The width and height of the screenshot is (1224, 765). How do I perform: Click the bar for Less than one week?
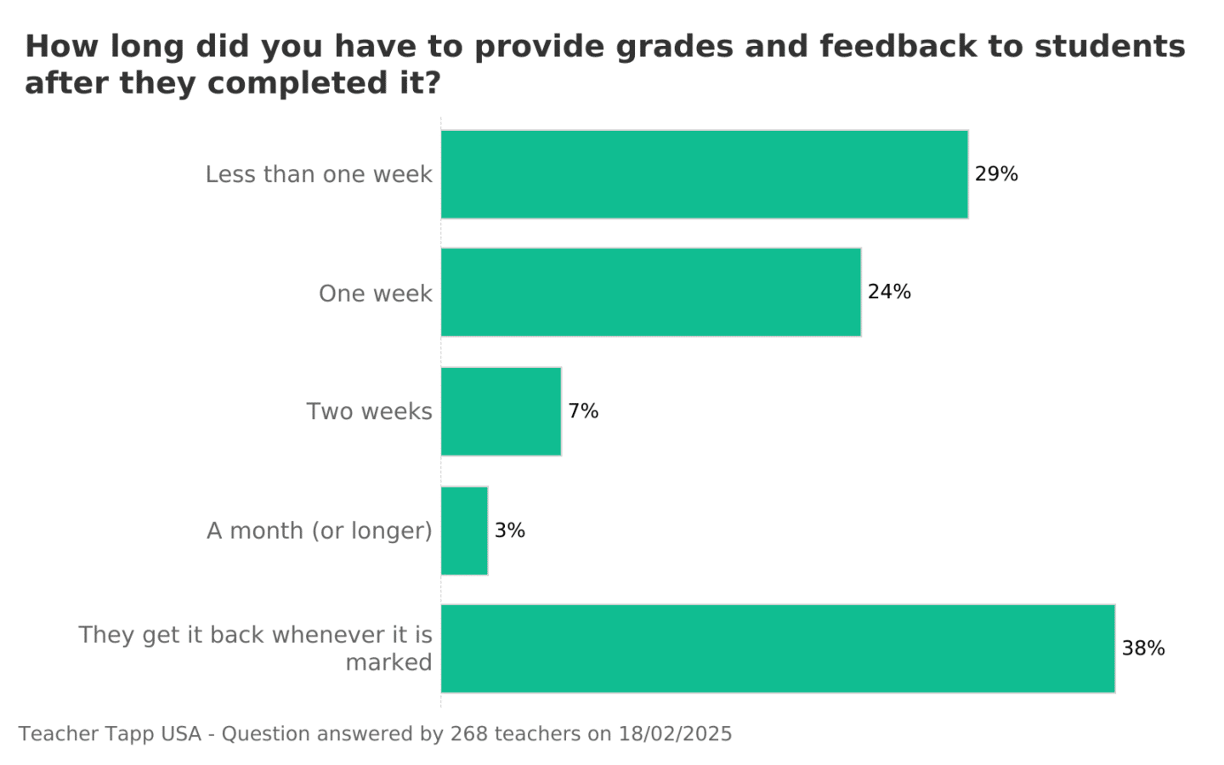coord(704,174)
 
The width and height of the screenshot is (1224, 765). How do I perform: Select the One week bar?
coord(650,292)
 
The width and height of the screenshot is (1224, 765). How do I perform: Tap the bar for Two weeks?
coord(501,411)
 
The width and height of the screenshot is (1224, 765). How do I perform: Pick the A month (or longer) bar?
coord(464,530)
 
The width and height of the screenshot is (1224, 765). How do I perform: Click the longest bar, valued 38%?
coord(778,649)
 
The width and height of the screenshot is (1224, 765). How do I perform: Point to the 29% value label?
coord(996,174)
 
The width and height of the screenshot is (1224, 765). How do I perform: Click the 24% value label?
coord(889,292)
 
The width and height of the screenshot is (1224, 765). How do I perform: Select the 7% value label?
coord(583,411)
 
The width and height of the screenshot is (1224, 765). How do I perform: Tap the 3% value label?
coord(510,530)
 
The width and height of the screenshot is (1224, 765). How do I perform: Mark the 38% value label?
coord(1143,649)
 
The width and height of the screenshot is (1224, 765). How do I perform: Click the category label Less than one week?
coord(319,174)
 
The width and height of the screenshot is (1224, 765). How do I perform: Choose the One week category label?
coord(375,293)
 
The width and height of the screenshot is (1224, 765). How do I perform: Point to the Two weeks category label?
coord(369,411)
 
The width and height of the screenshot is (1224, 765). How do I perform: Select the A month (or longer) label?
coord(320,531)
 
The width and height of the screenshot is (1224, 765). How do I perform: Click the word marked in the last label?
coord(388,662)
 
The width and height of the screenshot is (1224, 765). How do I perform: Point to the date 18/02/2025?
coord(675,734)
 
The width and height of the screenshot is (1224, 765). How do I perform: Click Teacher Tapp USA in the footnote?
coord(110,734)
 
